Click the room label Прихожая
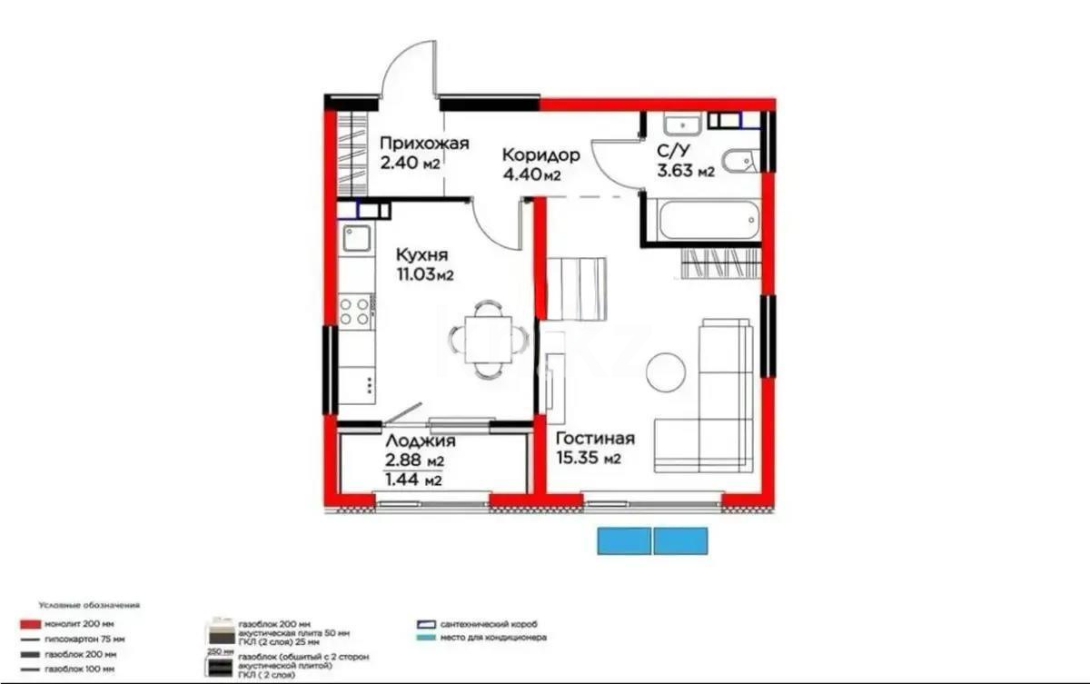click(423, 143)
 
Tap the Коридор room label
click(541, 154)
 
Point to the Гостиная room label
click(595, 439)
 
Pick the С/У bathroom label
click(678, 152)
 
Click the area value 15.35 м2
click(589, 459)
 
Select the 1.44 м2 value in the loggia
click(413, 481)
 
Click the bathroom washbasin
click(679, 124)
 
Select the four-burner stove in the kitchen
click(355, 310)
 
